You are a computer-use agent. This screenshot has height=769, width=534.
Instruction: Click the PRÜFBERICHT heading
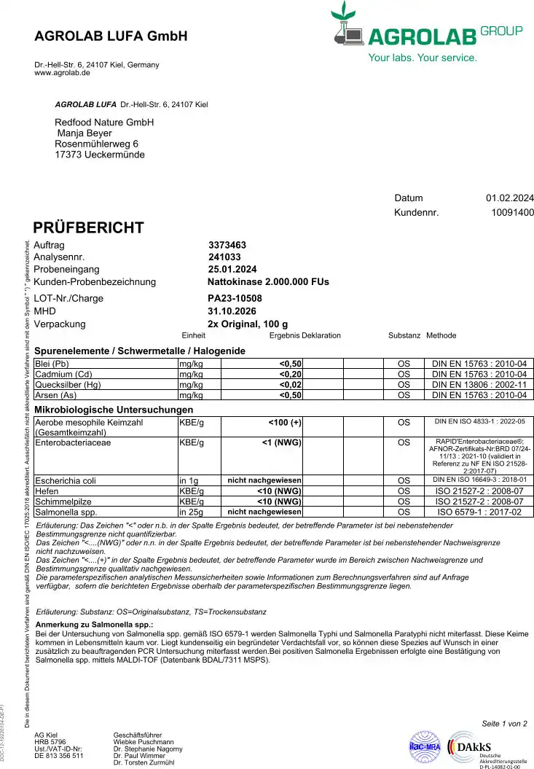click(89, 227)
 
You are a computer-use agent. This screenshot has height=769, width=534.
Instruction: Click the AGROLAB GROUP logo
click(426, 33)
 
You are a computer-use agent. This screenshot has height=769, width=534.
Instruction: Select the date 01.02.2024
click(509, 198)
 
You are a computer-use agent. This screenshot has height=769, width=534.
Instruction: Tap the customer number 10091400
click(513, 213)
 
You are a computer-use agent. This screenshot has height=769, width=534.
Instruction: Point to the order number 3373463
click(227, 245)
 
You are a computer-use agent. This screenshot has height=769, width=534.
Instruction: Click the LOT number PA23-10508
click(235, 298)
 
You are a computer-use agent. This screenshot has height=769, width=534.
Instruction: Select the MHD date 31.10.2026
click(232, 311)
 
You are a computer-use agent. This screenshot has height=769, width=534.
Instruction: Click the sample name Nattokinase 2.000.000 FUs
click(268, 281)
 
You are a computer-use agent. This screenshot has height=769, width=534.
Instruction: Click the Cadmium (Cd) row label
click(63, 374)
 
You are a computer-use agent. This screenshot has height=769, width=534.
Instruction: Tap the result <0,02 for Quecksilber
click(291, 384)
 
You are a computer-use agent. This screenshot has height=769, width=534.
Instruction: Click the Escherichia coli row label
click(66, 480)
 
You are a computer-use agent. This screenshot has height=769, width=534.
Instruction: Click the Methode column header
click(441, 335)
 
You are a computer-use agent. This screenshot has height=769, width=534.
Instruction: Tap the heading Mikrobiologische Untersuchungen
click(114, 410)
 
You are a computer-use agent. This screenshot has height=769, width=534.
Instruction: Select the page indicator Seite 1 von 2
click(504, 723)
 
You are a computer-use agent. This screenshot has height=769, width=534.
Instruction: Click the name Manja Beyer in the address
click(85, 133)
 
